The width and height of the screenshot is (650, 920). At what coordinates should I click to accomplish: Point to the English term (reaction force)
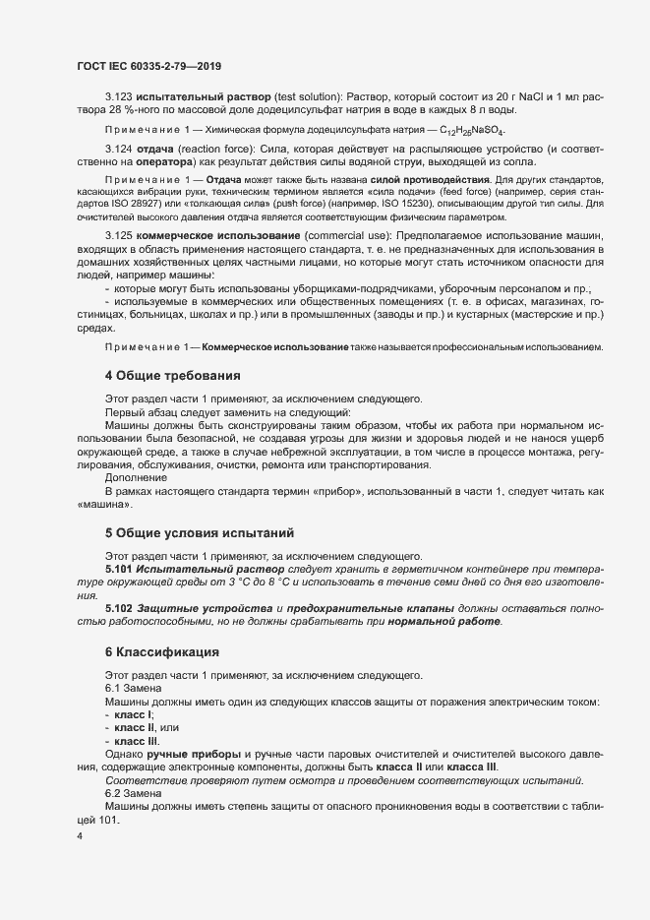click(x=209, y=149)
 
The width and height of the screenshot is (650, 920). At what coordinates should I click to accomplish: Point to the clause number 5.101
click(x=119, y=570)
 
